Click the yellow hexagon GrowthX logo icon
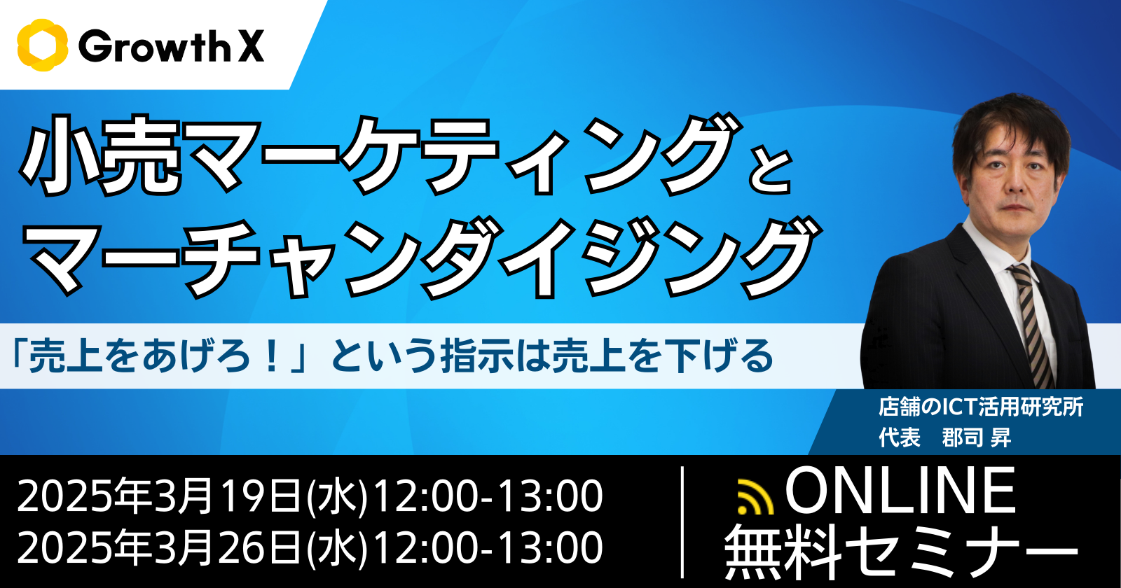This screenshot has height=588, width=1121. (43, 45)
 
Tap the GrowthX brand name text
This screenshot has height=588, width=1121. (171, 46)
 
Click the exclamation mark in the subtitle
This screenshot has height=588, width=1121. (273, 356)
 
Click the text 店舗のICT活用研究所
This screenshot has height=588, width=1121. (982, 407)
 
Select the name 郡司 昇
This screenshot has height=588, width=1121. (977, 437)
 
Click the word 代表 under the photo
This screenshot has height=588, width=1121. (900, 437)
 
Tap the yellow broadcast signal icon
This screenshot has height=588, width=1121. (756, 496)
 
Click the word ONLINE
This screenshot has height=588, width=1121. (900, 490)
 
